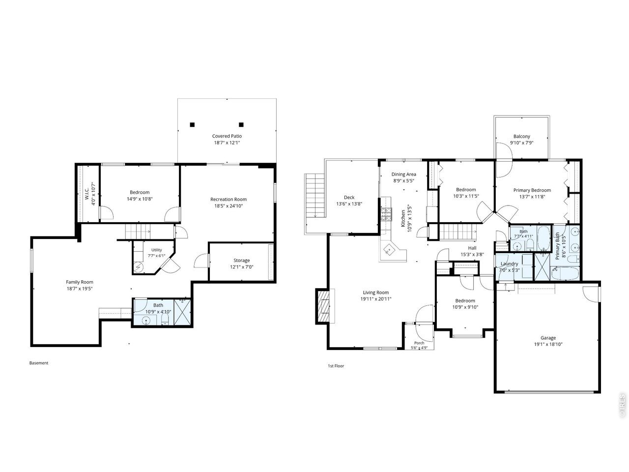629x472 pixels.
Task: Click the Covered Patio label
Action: click(227, 136)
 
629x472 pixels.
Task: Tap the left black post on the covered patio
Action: click(192, 125)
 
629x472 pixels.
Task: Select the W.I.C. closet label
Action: click(87, 194)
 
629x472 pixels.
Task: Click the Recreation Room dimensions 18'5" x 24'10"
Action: click(229, 206)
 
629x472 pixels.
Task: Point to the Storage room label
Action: click(242, 260)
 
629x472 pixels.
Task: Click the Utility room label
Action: click(156, 250)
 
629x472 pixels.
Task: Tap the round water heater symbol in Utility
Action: click(138, 267)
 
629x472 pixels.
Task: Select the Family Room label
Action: click(80, 282)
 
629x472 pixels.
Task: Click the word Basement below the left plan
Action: click(39, 363)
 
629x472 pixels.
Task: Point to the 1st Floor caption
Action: click(336, 366)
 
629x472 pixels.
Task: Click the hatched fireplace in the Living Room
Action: click(323, 306)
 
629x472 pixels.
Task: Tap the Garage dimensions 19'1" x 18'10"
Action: click(548, 344)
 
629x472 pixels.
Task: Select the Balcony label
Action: click(521, 136)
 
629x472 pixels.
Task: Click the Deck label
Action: click(349, 198)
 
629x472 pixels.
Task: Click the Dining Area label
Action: click(403, 174)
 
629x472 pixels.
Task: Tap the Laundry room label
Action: click(509, 264)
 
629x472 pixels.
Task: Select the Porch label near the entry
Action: click(419, 343)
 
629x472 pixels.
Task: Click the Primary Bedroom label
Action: click(532, 190)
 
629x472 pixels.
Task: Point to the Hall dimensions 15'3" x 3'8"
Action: click(472, 254)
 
